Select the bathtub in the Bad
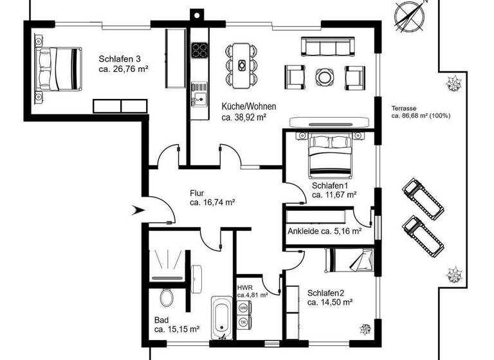tap(221, 318)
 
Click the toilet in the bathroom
tap(166, 298)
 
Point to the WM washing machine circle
tap(243, 308)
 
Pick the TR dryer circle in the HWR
tap(243, 321)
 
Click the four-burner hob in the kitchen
tap(199, 50)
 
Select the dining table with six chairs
tap(242, 65)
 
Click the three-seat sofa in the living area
tap(328, 47)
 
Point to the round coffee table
tap(324, 76)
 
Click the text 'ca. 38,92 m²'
tap(244, 118)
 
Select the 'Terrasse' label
tap(404, 108)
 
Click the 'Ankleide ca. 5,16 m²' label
tap(324, 231)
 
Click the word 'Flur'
tap(197, 192)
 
